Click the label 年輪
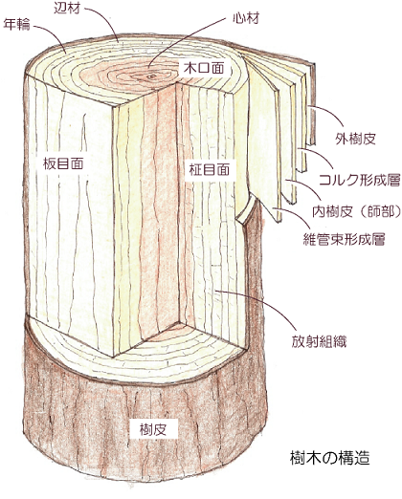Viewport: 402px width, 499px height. [16, 25]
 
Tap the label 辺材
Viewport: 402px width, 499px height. [67, 9]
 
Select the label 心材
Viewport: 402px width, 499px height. [246, 18]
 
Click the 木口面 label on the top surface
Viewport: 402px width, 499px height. [204, 68]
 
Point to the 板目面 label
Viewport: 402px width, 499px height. [63, 163]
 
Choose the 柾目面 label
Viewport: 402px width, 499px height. [210, 169]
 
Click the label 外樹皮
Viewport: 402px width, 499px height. [355, 139]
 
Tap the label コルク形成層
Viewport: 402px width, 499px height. [360, 181]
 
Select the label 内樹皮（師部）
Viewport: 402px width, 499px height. [356, 212]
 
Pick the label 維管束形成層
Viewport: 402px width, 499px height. [344, 239]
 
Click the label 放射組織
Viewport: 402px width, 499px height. [319, 342]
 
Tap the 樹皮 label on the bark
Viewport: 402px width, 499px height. [153, 430]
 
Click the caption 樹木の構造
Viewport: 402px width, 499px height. [330, 458]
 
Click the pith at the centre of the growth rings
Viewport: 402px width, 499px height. [152, 76]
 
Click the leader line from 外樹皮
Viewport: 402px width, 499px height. [328, 112]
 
